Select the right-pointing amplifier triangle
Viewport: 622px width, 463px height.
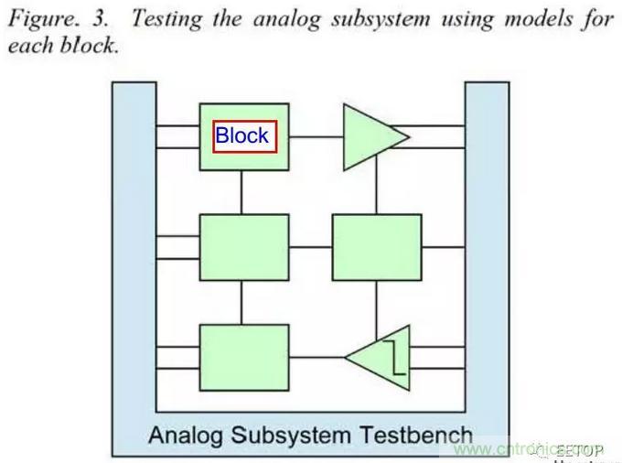[370, 136]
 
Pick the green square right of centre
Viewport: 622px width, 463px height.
[376, 247]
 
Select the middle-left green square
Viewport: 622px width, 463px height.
[244, 247]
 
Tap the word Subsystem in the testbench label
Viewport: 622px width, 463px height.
[291, 435]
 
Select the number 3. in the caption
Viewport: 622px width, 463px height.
[100, 17]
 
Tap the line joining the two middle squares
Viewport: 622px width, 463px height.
[310, 247]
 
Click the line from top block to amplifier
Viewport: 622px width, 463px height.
[316, 137]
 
